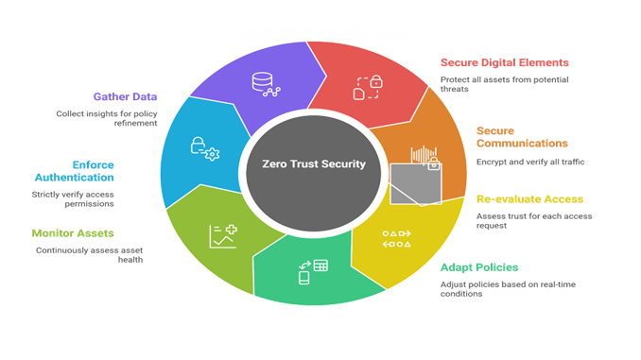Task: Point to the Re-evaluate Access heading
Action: pyautogui.click(x=515, y=199)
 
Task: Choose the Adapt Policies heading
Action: pyautogui.click(x=480, y=266)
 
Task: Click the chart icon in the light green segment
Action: pyautogui.click(x=223, y=235)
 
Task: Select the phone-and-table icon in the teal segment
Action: pyautogui.click(x=313, y=271)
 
